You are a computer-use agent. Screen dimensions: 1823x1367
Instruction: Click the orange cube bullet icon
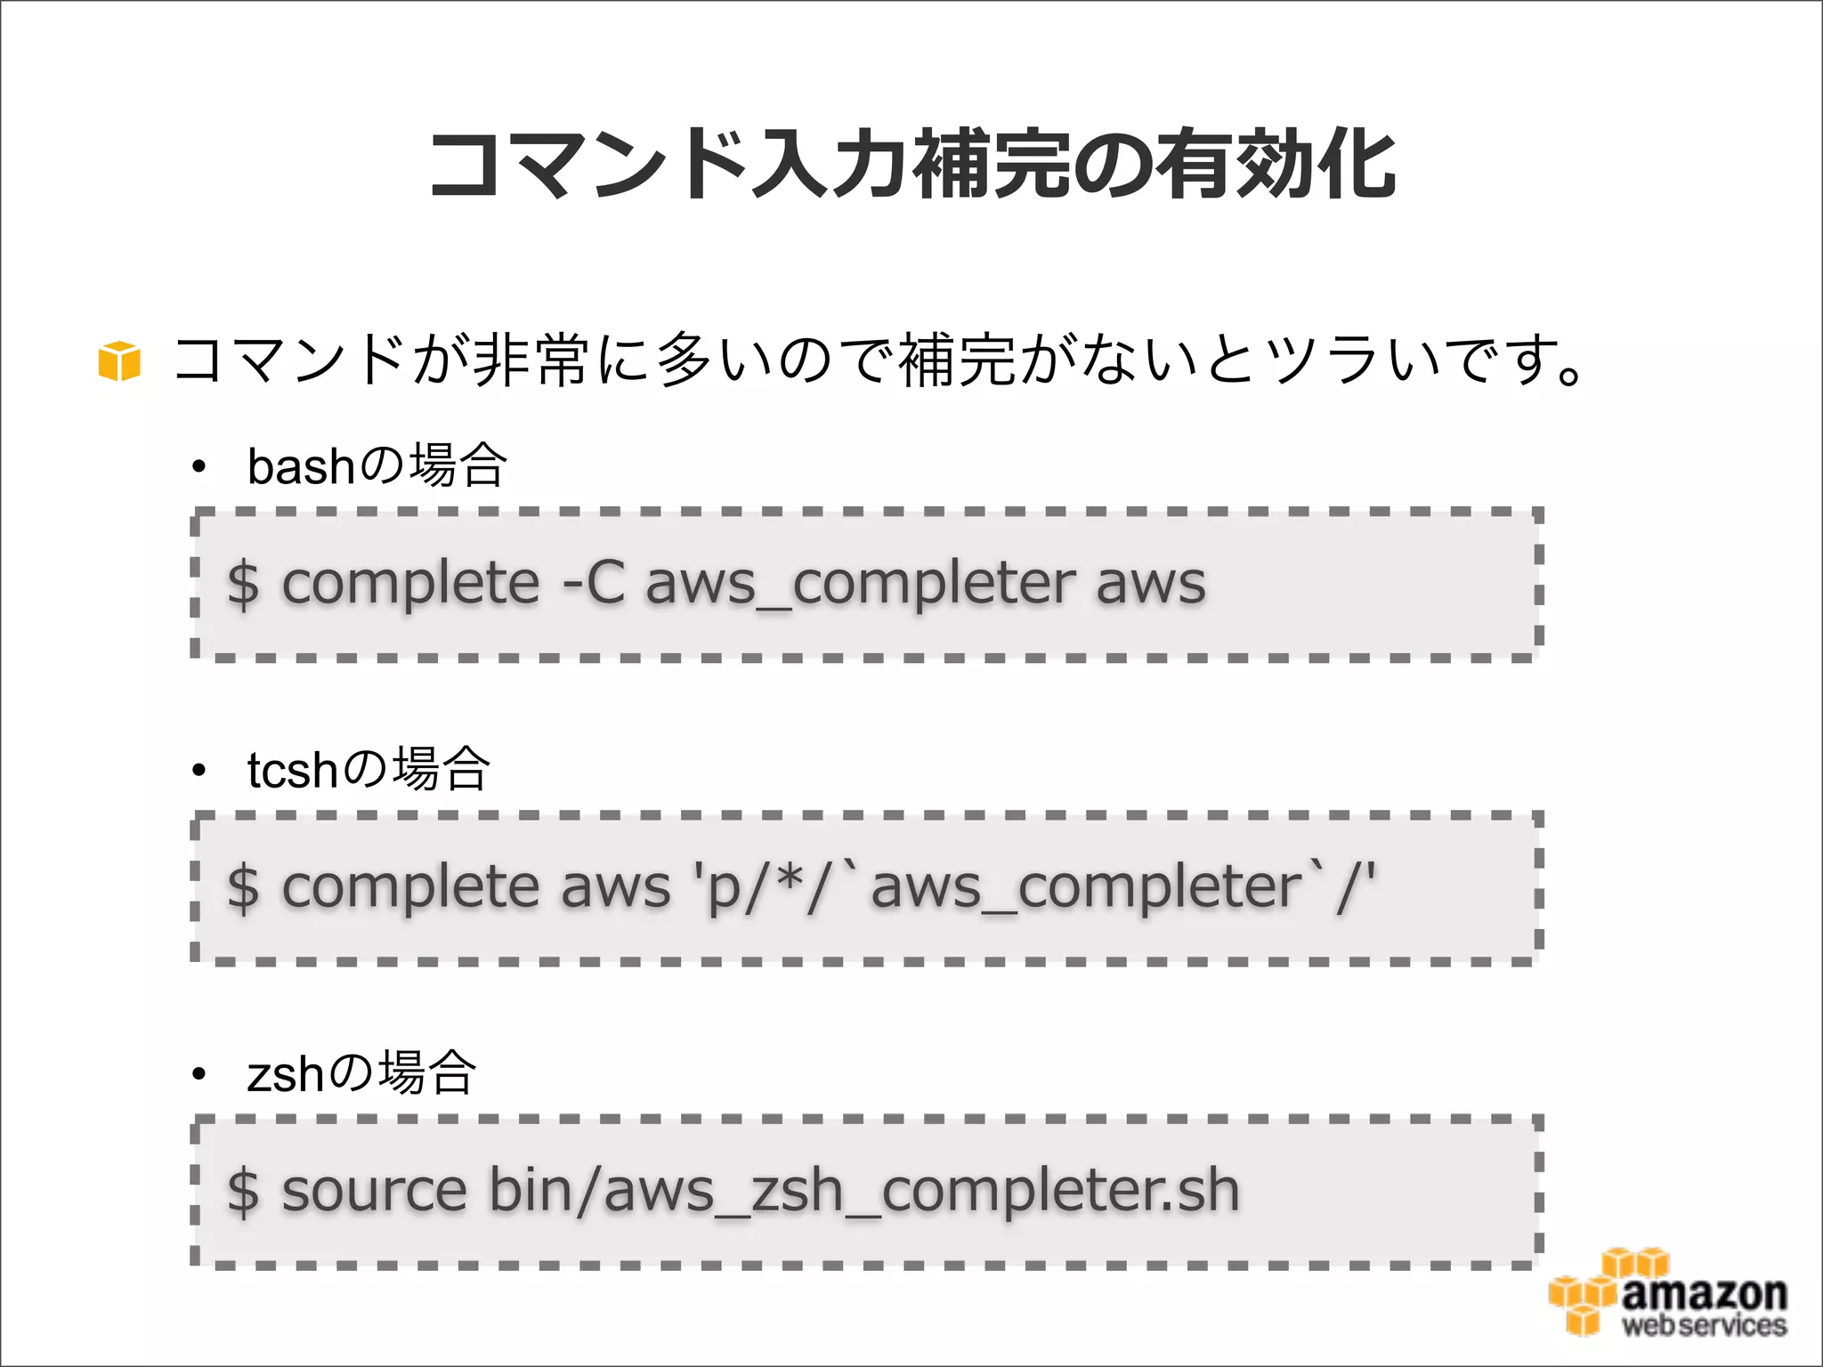[119, 360]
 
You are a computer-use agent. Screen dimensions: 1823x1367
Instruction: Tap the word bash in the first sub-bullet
[301, 466]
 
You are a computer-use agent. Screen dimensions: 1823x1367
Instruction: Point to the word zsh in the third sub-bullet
[286, 1073]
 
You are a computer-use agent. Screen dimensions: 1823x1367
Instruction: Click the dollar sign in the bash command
[243, 585]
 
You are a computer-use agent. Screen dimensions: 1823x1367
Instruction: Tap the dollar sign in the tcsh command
[243, 888]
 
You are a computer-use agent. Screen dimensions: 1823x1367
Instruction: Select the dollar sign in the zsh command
[243, 1192]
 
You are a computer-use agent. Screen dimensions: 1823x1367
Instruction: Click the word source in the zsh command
[374, 1192]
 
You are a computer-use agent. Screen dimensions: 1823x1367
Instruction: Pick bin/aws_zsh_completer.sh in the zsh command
[863, 1192]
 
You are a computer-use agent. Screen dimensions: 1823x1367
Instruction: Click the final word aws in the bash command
[1150, 585]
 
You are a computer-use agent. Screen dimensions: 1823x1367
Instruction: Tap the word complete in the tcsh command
[410, 887]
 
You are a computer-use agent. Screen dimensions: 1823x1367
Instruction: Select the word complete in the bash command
[410, 585]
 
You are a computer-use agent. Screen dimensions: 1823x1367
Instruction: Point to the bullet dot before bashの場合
[199, 466]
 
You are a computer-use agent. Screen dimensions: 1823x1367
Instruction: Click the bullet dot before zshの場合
[199, 1074]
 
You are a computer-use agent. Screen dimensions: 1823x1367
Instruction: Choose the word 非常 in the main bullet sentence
[531, 360]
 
